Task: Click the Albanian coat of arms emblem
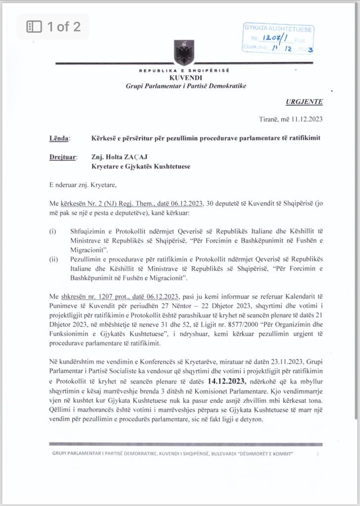tap(184, 51)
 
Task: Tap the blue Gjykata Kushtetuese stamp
tap(279, 38)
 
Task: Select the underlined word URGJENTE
tap(304, 102)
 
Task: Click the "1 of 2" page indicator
tap(53, 27)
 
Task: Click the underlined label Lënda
tap(59, 138)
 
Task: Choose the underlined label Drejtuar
tap(63, 157)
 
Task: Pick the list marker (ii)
tap(53, 258)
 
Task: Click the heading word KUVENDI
tap(185, 78)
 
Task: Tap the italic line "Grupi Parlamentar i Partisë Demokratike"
tap(185, 86)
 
